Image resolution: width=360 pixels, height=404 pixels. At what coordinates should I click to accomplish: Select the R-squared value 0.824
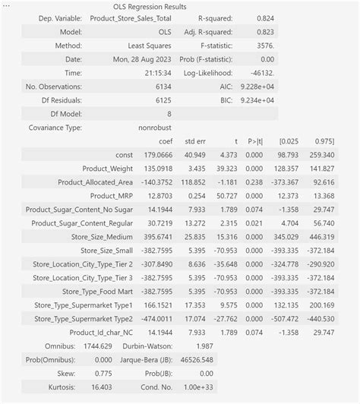point(264,18)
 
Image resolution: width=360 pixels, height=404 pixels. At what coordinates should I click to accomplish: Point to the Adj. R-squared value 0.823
point(264,32)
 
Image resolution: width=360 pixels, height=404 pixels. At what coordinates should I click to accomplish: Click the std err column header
point(197,141)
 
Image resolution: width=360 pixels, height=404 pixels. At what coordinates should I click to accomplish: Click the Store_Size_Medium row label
point(100,237)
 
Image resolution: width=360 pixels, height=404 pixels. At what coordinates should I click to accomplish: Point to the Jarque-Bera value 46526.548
point(196,360)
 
